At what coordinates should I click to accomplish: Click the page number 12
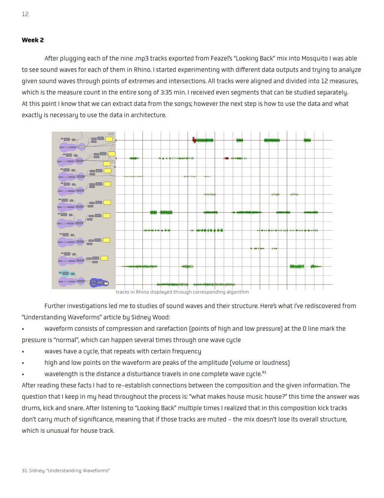coord(25,14)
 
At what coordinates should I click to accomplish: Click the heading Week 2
coord(33,40)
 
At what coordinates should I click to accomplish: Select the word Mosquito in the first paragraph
coord(314,58)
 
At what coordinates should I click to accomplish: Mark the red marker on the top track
coord(194,140)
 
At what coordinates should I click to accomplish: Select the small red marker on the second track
coord(227,158)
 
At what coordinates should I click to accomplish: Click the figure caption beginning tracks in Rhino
coord(182,292)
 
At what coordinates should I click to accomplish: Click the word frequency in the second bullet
coord(186,351)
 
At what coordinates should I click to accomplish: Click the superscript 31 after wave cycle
coord(264,373)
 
